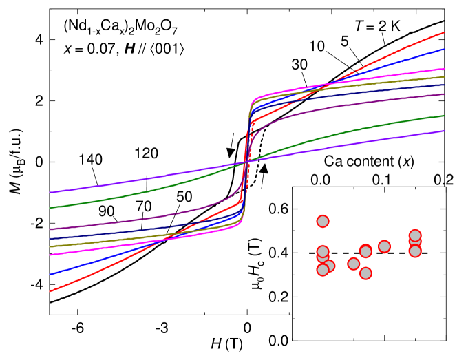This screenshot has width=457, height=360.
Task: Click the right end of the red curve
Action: (x=445, y=32)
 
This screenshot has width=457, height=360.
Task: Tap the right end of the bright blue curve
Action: (x=445, y=49)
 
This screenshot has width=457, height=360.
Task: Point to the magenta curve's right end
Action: (x=445, y=69)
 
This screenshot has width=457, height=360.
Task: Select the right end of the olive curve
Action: (x=445, y=77)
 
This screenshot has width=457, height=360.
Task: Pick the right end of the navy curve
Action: (x=445, y=85)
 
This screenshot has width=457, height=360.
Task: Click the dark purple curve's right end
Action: (x=445, y=94)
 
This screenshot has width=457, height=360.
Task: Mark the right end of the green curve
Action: (x=445, y=116)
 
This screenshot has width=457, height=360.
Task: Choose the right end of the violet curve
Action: (x=445, y=131)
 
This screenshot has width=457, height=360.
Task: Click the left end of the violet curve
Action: (x=50, y=193)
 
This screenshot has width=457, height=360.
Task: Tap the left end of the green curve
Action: (x=50, y=208)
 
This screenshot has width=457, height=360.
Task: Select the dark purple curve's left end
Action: (x=50, y=229)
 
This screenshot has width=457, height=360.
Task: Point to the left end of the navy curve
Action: (x=50, y=239)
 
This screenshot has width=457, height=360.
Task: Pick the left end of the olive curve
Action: (x=50, y=246)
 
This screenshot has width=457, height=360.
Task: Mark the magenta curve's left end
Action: (x=50, y=255)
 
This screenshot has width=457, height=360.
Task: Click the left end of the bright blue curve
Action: (x=50, y=274)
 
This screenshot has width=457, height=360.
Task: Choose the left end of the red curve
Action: (x=50, y=291)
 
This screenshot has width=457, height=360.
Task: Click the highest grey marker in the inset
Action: (x=323, y=221)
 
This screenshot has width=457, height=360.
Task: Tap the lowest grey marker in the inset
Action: (x=365, y=273)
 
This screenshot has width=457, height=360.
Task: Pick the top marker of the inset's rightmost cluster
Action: (x=415, y=235)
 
